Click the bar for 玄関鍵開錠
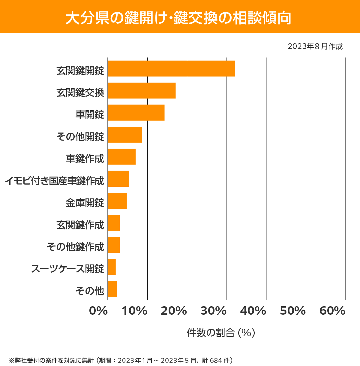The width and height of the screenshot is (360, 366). pos(171,68)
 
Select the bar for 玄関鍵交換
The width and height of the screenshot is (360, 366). pos(142,90)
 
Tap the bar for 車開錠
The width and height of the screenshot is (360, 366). pos(136,113)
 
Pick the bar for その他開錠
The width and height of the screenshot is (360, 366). pos(125,135)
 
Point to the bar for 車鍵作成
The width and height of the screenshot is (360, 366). pos(122,157)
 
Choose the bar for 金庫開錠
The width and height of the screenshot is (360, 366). pos(117,201)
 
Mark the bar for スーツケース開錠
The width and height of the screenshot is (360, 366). pos(112,267)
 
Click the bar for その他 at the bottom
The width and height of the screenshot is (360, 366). pos(112,289)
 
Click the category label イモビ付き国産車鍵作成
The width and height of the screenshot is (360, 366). pos(55,181)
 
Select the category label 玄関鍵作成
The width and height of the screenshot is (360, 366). pos(80,225)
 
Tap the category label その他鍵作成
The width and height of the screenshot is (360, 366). pos(75,247)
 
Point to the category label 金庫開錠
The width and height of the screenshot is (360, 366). pos(85,203)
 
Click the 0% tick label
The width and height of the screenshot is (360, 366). pos(98,311)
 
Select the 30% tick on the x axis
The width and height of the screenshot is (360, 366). pos(213,311)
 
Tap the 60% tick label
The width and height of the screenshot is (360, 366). pos(332,311)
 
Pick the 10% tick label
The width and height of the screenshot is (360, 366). pos(134,311)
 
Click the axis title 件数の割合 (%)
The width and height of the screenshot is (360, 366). pos(221,333)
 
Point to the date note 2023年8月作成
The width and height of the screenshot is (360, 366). pos(315,47)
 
